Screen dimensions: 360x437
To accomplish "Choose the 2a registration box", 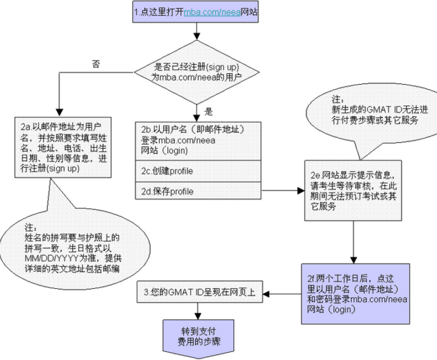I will [61, 147].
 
